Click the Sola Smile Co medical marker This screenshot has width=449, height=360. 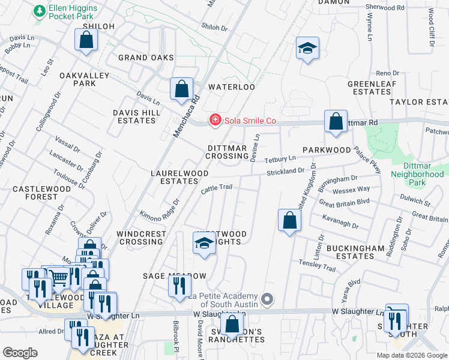click(x=214, y=121)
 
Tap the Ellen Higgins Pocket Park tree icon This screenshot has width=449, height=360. click(x=40, y=11)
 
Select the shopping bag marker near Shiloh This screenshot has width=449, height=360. click(x=86, y=40)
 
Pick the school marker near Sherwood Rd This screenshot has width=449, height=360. click(x=307, y=48)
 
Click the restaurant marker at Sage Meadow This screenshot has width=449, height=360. click(x=178, y=286)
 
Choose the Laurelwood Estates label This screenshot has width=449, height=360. click(x=179, y=177)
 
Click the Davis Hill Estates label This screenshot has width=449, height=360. click(x=134, y=116)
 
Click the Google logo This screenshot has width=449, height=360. click(x=20, y=353)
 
